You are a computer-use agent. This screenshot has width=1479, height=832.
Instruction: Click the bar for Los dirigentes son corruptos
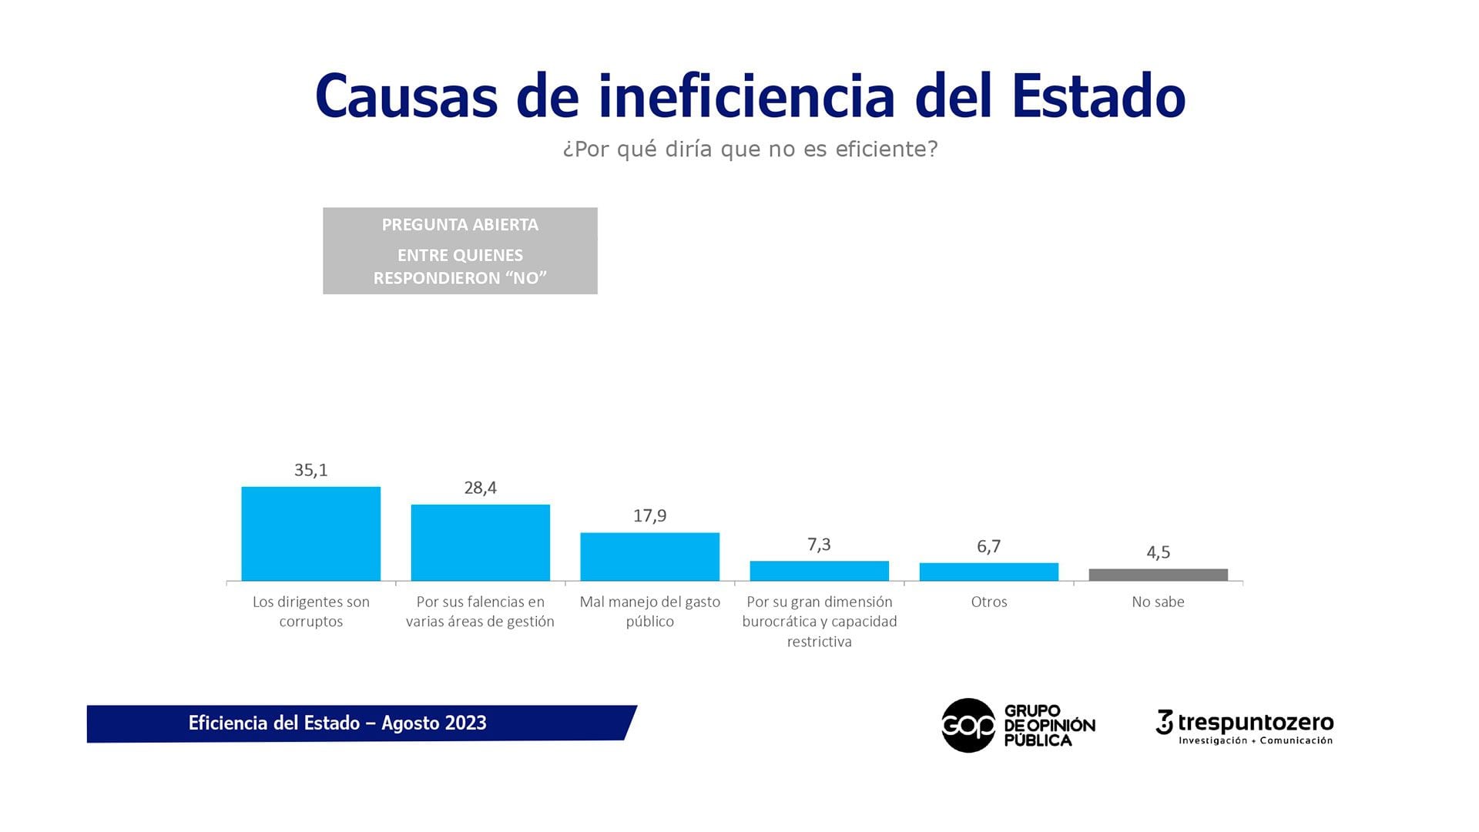(310, 533)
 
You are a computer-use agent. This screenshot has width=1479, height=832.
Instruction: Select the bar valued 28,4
(480, 542)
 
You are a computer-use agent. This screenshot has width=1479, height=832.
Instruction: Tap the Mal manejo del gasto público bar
(649, 556)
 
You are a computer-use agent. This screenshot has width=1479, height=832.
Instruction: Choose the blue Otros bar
(988, 572)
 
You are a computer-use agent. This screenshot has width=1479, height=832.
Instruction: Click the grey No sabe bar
(1158, 575)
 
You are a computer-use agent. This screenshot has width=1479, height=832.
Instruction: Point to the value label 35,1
(310, 470)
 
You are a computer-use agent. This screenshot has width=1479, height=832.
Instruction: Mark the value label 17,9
(649, 515)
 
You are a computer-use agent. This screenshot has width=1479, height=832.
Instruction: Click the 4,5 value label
(1158, 552)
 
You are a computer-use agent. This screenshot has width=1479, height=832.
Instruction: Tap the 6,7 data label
(988, 546)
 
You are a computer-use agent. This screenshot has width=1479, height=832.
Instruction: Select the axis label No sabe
(1158, 602)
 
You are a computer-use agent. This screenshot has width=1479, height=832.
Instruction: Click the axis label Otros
(988, 602)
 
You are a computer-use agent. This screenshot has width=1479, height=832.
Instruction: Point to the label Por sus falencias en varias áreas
(480, 612)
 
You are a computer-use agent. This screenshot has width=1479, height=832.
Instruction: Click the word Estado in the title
(1098, 96)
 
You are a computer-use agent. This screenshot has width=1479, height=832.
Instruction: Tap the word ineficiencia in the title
(746, 96)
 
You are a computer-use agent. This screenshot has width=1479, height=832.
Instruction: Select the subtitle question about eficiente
(750, 149)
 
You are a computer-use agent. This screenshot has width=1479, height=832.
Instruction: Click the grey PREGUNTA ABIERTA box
(460, 250)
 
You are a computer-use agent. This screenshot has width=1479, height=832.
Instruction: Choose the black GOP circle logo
(968, 725)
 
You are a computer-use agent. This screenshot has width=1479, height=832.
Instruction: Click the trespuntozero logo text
(1255, 723)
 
